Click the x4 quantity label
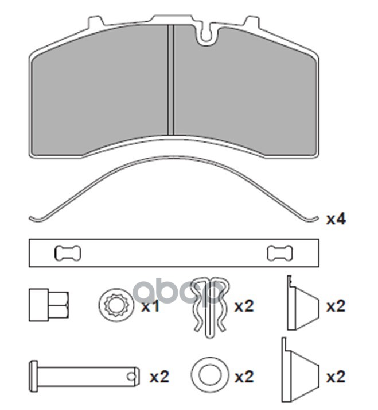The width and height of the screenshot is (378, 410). (336, 219)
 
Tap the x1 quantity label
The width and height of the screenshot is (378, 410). (150, 306)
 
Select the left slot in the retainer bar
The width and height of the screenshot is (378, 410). (68, 253)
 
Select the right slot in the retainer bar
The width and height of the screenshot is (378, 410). (280, 253)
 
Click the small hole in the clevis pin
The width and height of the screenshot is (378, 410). (133, 377)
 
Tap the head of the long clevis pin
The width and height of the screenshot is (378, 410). (33, 377)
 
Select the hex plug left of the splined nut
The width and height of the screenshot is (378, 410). (49, 304)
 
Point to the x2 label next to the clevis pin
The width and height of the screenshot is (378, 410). (159, 377)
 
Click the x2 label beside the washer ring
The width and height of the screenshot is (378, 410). (244, 377)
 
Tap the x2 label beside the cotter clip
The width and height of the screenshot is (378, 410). (244, 306)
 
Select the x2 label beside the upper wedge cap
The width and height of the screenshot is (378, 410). (336, 306)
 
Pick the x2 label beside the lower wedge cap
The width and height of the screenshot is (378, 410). (336, 377)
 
